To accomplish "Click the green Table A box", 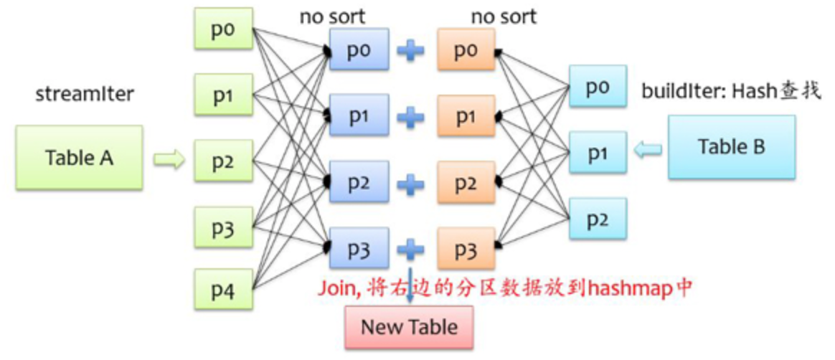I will [x=80, y=158].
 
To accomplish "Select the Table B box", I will [x=731, y=147].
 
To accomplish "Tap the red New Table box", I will [x=409, y=328].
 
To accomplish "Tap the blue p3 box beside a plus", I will [x=359, y=249].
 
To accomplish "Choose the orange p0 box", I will [x=466, y=49].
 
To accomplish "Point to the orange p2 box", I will [x=466, y=183].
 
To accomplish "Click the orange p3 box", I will [x=466, y=249].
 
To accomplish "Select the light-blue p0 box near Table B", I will [x=597, y=87].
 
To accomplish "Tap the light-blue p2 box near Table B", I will [x=597, y=219].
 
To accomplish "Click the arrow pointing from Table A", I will [x=169, y=159].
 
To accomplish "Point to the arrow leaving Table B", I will [x=648, y=149].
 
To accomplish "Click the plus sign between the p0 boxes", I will [x=411, y=51].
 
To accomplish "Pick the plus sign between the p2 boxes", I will [x=411, y=184].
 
